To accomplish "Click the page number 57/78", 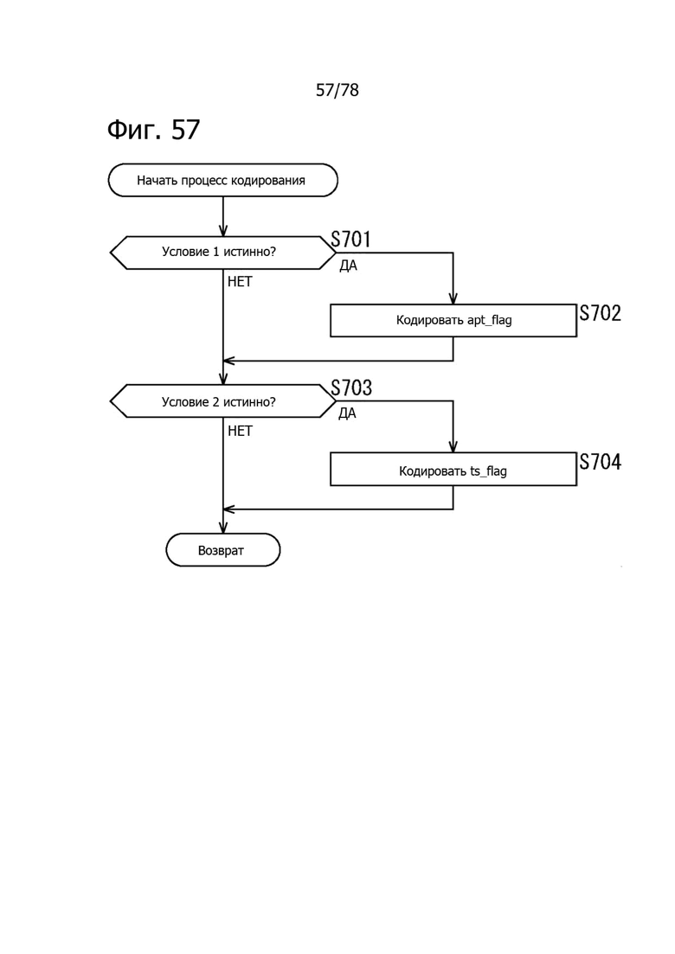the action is point(337,90).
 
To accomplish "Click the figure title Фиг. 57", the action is point(153,129).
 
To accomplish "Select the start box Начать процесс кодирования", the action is point(222,180).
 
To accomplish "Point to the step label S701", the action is point(351,240).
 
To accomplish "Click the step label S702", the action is point(600,313).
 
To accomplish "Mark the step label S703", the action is point(351,387).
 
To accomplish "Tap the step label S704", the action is point(600,462).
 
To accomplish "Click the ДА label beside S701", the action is point(348,266).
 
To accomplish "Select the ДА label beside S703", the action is point(348,413).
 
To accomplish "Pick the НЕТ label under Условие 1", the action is point(240,282).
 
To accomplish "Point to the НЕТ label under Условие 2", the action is point(240,431).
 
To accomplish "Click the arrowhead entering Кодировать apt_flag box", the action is point(453,299).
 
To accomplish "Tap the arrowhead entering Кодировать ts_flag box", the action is point(453,447).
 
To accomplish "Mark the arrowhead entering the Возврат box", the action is point(223,528).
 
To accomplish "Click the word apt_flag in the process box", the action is point(489,321).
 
